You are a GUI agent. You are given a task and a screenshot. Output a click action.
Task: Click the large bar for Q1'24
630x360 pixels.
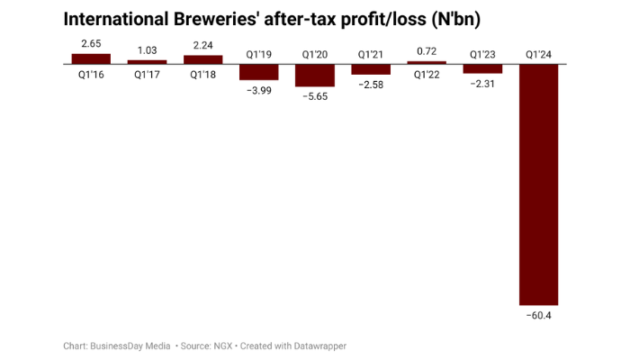coord(539,184)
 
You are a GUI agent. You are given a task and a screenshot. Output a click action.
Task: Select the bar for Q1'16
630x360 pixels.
coord(91,59)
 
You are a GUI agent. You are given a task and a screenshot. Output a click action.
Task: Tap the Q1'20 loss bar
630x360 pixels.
coord(315,76)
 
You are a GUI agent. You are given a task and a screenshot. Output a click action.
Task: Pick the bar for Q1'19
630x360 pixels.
coord(259,73)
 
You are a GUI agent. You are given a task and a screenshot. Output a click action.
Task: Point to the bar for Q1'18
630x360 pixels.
coord(203,60)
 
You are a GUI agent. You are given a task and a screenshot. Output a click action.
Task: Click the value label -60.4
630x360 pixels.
coord(539,316)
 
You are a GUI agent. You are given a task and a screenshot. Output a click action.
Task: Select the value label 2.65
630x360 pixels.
coord(91,44)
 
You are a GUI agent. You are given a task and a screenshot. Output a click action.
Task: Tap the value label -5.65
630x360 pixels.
coord(315,97)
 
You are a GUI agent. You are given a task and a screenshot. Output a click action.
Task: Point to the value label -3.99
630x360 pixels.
coord(259,91)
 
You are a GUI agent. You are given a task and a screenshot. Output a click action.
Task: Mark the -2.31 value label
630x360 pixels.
coord(483,84)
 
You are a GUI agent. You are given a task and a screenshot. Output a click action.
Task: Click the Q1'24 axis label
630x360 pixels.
coord(539,55)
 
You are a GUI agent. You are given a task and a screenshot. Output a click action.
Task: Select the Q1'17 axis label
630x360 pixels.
coord(147,75)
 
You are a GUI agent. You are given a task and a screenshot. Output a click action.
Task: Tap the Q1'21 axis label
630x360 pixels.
coord(371,55)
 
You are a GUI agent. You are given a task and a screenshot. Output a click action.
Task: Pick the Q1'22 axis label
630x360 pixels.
coord(427,75)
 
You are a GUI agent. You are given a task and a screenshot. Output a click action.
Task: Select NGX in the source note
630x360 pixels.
coord(221,346)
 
